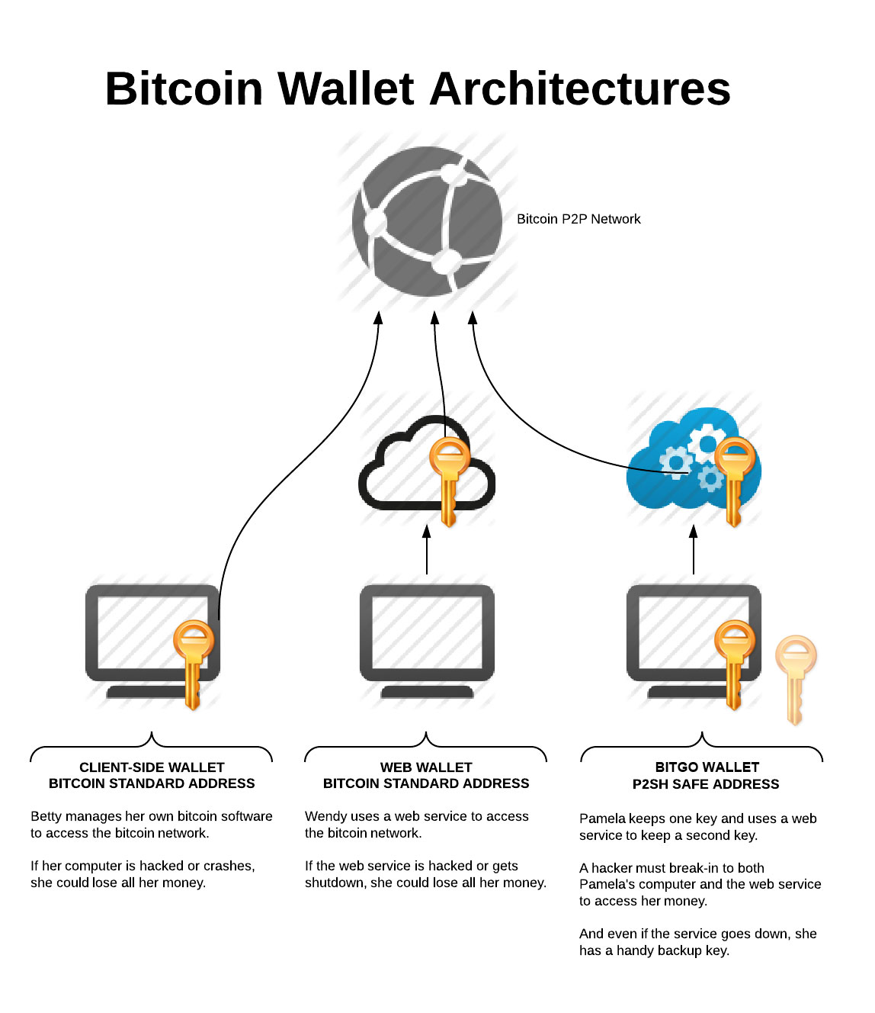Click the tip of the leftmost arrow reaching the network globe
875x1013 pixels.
pyautogui.click(x=378, y=312)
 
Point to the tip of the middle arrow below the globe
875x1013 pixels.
pyautogui.click(x=434, y=312)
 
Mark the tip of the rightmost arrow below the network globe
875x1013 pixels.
pyautogui.click(x=472, y=312)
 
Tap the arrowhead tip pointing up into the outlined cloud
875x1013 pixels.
pyautogui.click(x=427, y=526)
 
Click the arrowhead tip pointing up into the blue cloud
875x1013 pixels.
pyautogui.click(x=694, y=526)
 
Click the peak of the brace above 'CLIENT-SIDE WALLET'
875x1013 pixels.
pyautogui.click(x=152, y=733)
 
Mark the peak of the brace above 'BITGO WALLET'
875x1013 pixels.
pyautogui.click(x=702, y=733)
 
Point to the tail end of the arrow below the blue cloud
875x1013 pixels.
pyautogui.click(x=694, y=574)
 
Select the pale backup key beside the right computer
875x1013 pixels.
pyautogui.click(x=796, y=680)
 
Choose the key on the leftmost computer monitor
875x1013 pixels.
pyautogui.click(x=194, y=665)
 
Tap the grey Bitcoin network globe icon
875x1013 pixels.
pyautogui.click(x=427, y=221)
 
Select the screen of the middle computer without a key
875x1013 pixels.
pyautogui.click(x=427, y=632)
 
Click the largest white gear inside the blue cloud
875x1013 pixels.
pyautogui.click(x=707, y=444)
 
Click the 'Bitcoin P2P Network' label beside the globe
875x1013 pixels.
pyautogui.click(x=579, y=219)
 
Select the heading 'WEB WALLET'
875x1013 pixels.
pyautogui.click(x=426, y=767)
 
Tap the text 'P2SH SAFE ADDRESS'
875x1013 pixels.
pyautogui.click(x=706, y=784)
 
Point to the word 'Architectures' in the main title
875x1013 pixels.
pyautogui.click(x=580, y=88)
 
